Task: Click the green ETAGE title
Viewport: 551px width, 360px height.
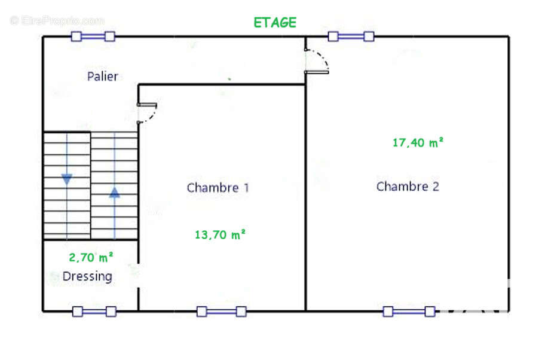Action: coord(275,23)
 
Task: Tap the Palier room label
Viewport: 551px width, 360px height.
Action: coord(102,77)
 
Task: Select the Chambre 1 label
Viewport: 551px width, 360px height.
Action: coord(218,187)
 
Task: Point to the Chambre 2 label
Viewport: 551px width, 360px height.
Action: coord(408,186)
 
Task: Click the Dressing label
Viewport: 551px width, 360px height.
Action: coord(87,277)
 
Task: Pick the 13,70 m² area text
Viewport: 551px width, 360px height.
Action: coord(220,234)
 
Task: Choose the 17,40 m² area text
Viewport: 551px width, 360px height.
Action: coord(418,142)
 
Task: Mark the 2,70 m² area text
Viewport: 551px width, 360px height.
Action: coord(91,257)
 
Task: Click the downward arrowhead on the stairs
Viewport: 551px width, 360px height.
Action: coord(67,179)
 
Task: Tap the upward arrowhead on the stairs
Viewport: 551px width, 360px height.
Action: coord(114,192)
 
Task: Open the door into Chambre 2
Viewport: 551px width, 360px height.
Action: coord(317,61)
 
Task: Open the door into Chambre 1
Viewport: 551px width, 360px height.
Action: coord(147,113)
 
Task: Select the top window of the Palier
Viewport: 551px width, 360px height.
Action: coord(93,36)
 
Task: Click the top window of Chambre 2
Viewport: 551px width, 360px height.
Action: coord(351,36)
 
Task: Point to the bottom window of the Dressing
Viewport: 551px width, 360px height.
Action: coord(94,312)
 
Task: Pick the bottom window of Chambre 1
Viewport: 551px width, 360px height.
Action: coord(221,312)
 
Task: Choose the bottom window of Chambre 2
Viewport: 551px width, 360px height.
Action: coord(409,312)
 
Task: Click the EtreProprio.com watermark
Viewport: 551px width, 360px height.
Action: coord(57,21)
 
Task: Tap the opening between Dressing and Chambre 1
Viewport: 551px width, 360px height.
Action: coord(139,275)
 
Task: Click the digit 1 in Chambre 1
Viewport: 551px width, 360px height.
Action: coord(247,187)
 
